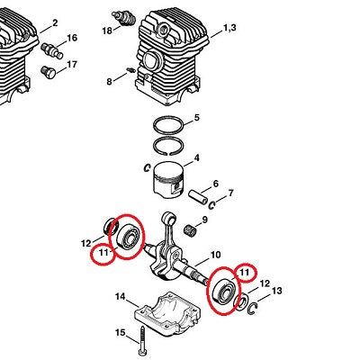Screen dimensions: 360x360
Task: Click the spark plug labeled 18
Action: (x=123, y=18)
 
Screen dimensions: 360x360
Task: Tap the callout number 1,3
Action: (x=229, y=28)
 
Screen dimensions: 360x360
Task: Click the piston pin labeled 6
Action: (x=198, y=197)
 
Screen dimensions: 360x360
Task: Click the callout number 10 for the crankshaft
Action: (x=216, y=255)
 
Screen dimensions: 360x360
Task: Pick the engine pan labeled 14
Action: (x=166, y=312)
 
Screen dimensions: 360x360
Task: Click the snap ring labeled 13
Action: (x=253, y=309)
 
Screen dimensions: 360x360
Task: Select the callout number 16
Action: (x=72, y=38)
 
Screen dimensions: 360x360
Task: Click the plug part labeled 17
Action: (x=49, y=72)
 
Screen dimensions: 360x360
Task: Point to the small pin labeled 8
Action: (x=130, y=70)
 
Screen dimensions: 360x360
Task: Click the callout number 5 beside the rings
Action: (x=197, y=118)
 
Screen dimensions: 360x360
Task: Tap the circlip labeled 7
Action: (x=212, y=205)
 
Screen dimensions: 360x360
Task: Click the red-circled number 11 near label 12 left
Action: (x=103, y=252)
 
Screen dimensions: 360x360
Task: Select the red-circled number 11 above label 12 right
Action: (x=244, y=273)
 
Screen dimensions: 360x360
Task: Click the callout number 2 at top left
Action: (x=55, y=22)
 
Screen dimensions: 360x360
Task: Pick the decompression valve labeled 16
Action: (x=51, y=50)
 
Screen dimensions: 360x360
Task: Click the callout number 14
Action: (x=121, y=297)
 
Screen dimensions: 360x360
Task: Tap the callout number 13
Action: (x=276, y=291)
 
